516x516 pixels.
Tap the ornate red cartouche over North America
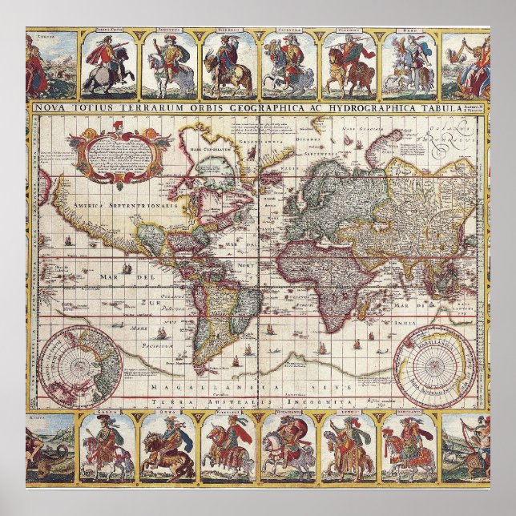point(131,153)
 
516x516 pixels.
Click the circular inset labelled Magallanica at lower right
point(433,365)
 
